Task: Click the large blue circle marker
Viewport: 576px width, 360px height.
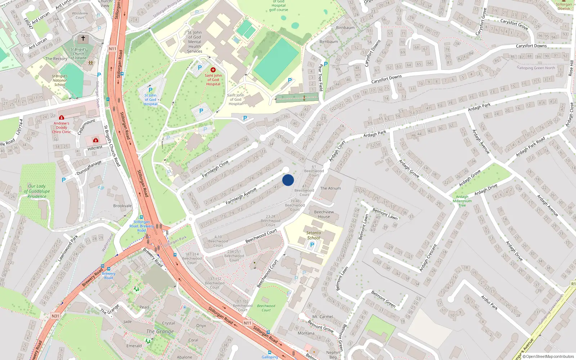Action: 288,180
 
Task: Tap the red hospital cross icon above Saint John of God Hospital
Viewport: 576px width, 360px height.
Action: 213,70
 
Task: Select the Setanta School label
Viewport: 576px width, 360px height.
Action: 314,235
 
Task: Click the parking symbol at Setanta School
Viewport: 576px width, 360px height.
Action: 312,245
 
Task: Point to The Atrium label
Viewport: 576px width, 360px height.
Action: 330,188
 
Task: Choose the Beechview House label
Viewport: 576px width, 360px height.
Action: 324,214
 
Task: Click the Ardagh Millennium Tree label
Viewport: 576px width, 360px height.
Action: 462,201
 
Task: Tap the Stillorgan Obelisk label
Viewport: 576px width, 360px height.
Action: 564,6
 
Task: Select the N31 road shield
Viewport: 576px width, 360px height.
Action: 55,316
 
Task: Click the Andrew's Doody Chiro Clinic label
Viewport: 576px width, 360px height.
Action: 62,127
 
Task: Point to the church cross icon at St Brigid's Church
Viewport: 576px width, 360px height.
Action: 83,38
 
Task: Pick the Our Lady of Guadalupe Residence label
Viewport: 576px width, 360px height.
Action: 37,191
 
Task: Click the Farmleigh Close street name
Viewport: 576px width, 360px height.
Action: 215,169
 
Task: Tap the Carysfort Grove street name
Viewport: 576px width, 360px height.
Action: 514,24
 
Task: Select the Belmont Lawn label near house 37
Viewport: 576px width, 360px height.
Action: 385,214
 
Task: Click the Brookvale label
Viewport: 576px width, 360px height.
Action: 122,206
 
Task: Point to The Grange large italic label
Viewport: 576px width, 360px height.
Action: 160,331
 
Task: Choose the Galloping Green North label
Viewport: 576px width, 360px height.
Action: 536,68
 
